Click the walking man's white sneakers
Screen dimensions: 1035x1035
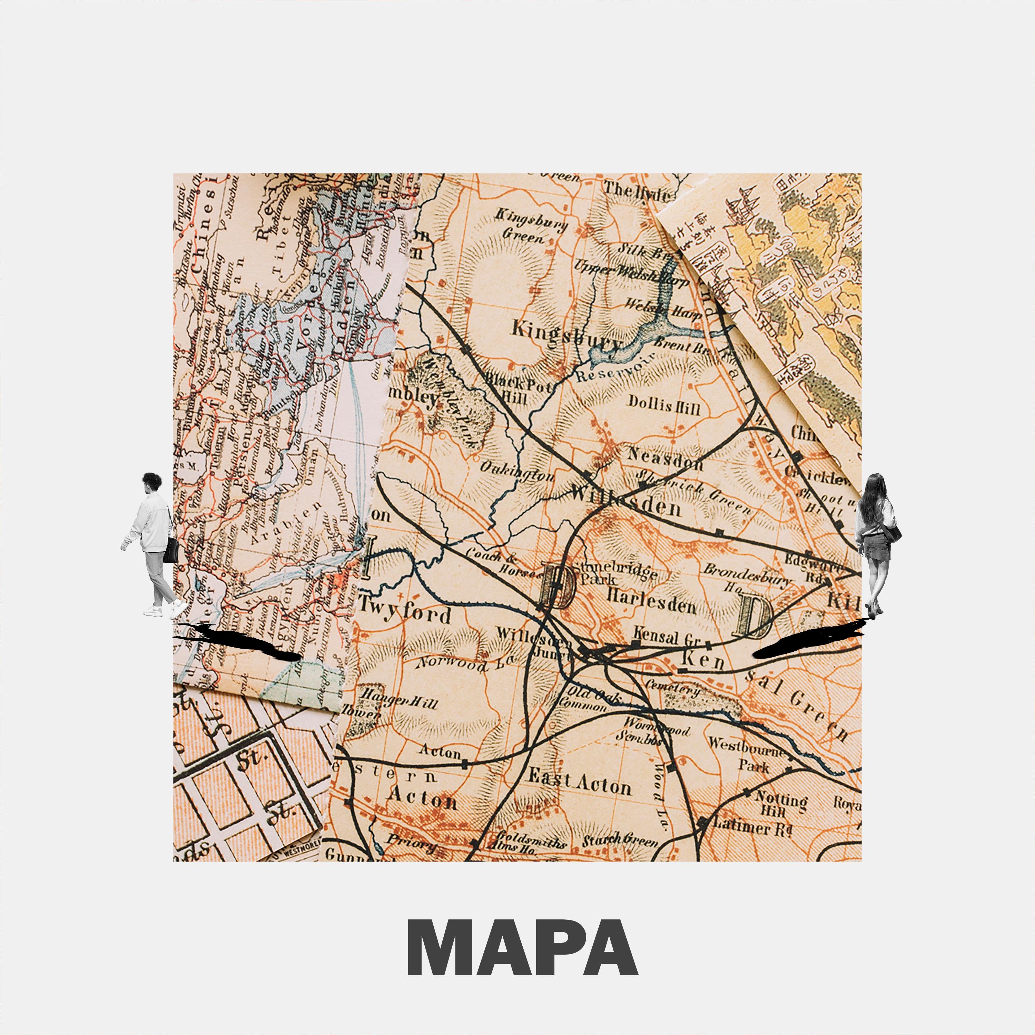tap(166, 610)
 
